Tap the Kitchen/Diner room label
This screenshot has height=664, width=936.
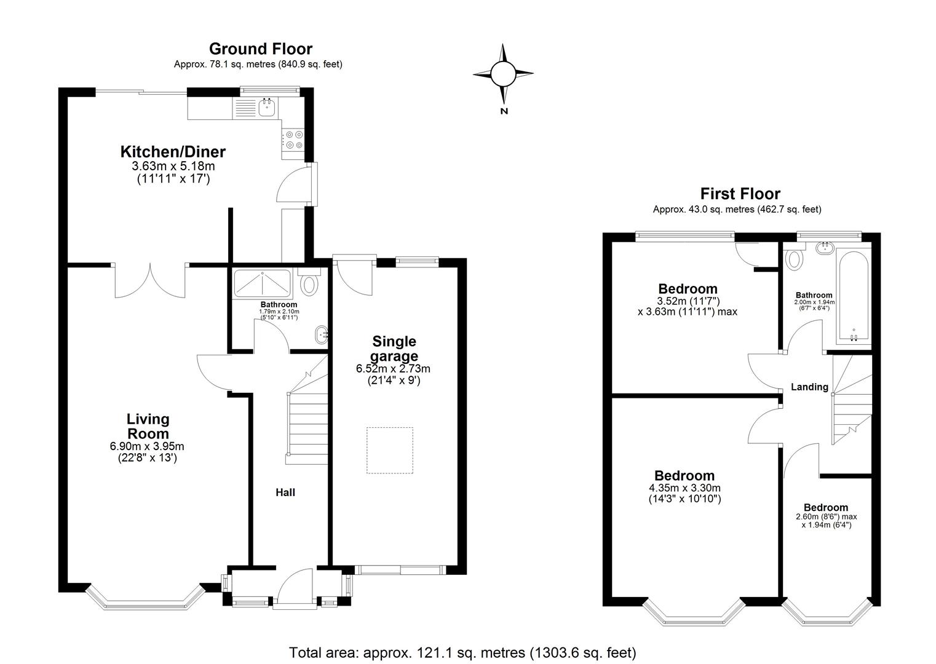[x=173, y=152]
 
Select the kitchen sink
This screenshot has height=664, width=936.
[x=266, y=108]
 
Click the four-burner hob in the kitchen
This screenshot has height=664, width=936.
[x=293, y=140]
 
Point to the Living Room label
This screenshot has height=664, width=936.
[x=148, y=426]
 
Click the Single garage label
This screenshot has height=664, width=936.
[x=394, y=349]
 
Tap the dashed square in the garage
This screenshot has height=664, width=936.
[x=390, y=451]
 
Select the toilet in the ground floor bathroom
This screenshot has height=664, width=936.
[x=309, y=283]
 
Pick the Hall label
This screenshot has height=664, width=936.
[x=285, y=492]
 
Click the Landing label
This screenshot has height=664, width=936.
[x=809, y=387]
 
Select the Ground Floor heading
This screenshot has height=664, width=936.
[x=260, y=49]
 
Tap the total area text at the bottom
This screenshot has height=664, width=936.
[x=462, y=652]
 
